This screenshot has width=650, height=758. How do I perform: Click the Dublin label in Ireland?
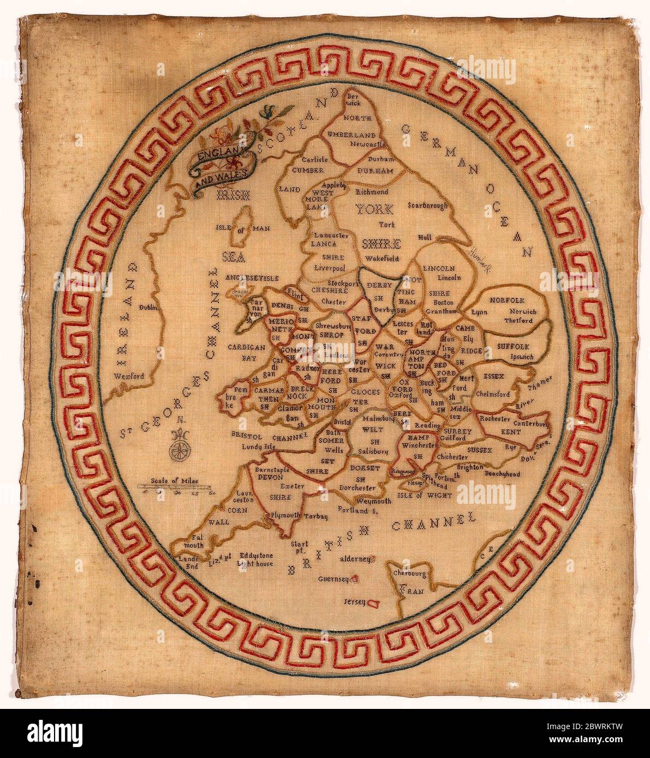pyautogui.click(x=148, y=308)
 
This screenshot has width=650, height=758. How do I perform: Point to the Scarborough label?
pyautogui.click(x=427, y=206)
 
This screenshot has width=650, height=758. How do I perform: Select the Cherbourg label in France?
pyautogui.click(x=409, y=573)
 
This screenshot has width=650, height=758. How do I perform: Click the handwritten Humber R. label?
pyautogui.click(x=480, y=251)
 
